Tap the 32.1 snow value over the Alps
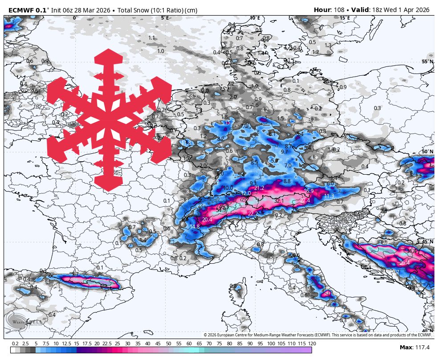tap(279, 201)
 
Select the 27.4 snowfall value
tap(304, 200)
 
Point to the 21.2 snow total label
tap(259, 188)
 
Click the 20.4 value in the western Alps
tap(207, 220)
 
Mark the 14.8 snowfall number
tap(195, 227)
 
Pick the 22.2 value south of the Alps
tap(252, 214)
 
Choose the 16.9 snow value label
tap(308, 191)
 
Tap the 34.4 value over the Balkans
tap(411, 251)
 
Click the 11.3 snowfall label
tap(328, 196)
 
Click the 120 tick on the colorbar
tap(312, 344)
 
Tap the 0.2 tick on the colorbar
tap(15, 344)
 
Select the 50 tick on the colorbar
tap(168, 344)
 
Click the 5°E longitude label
tap(165, 18)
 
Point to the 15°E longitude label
tap(345, 18)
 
